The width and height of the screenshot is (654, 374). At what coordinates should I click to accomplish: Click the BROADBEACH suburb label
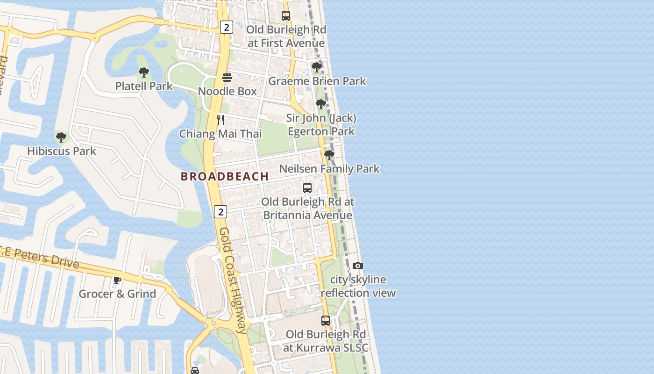coord(225,176)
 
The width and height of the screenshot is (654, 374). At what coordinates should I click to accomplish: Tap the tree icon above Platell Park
coord(144,72)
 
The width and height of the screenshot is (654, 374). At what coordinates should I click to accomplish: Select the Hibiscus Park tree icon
coord(61,137)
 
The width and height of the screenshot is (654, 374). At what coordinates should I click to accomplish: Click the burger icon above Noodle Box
coord(227,77)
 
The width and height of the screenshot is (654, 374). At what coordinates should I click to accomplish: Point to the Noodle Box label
coord(227,91)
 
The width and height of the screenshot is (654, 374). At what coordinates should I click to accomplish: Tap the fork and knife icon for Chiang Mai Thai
coord(220,120)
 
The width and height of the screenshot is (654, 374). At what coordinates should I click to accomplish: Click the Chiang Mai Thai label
coord(220,134)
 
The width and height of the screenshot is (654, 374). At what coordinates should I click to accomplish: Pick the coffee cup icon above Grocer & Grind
coord(117,280)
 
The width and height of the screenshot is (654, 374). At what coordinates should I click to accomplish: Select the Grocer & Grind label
coord(117,294)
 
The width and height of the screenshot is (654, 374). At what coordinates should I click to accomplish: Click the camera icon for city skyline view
coord(358,266)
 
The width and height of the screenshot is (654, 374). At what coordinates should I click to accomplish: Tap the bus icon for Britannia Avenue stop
coord(307,188)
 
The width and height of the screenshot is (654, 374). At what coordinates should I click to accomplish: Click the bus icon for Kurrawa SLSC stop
coord(326,321)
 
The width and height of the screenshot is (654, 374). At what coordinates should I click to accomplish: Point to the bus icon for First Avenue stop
coord(286,15)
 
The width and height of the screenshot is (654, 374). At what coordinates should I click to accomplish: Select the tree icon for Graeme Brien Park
coord(317,67)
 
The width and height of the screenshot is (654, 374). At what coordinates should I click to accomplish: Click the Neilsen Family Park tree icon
coord(329,155)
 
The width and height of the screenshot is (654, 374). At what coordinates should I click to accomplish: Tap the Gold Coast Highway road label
coord(233,280)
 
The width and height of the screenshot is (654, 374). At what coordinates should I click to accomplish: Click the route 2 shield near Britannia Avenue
coord(220,212)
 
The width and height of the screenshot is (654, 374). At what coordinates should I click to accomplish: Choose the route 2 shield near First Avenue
coord(226,27)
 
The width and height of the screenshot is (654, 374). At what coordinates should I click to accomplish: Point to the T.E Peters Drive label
coord(40,257)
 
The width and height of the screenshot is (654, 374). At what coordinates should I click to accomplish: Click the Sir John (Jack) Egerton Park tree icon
coord(321,104)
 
